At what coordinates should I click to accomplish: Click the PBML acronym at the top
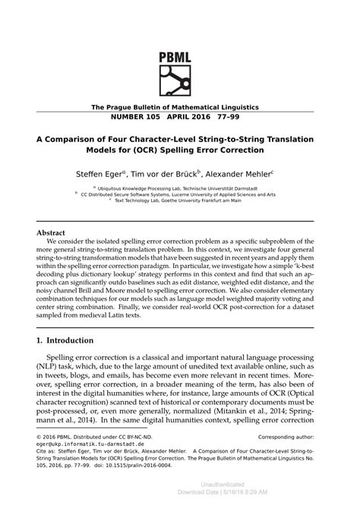click(x=179, y=37)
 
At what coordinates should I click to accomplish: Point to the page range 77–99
click(x=236, y=119)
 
